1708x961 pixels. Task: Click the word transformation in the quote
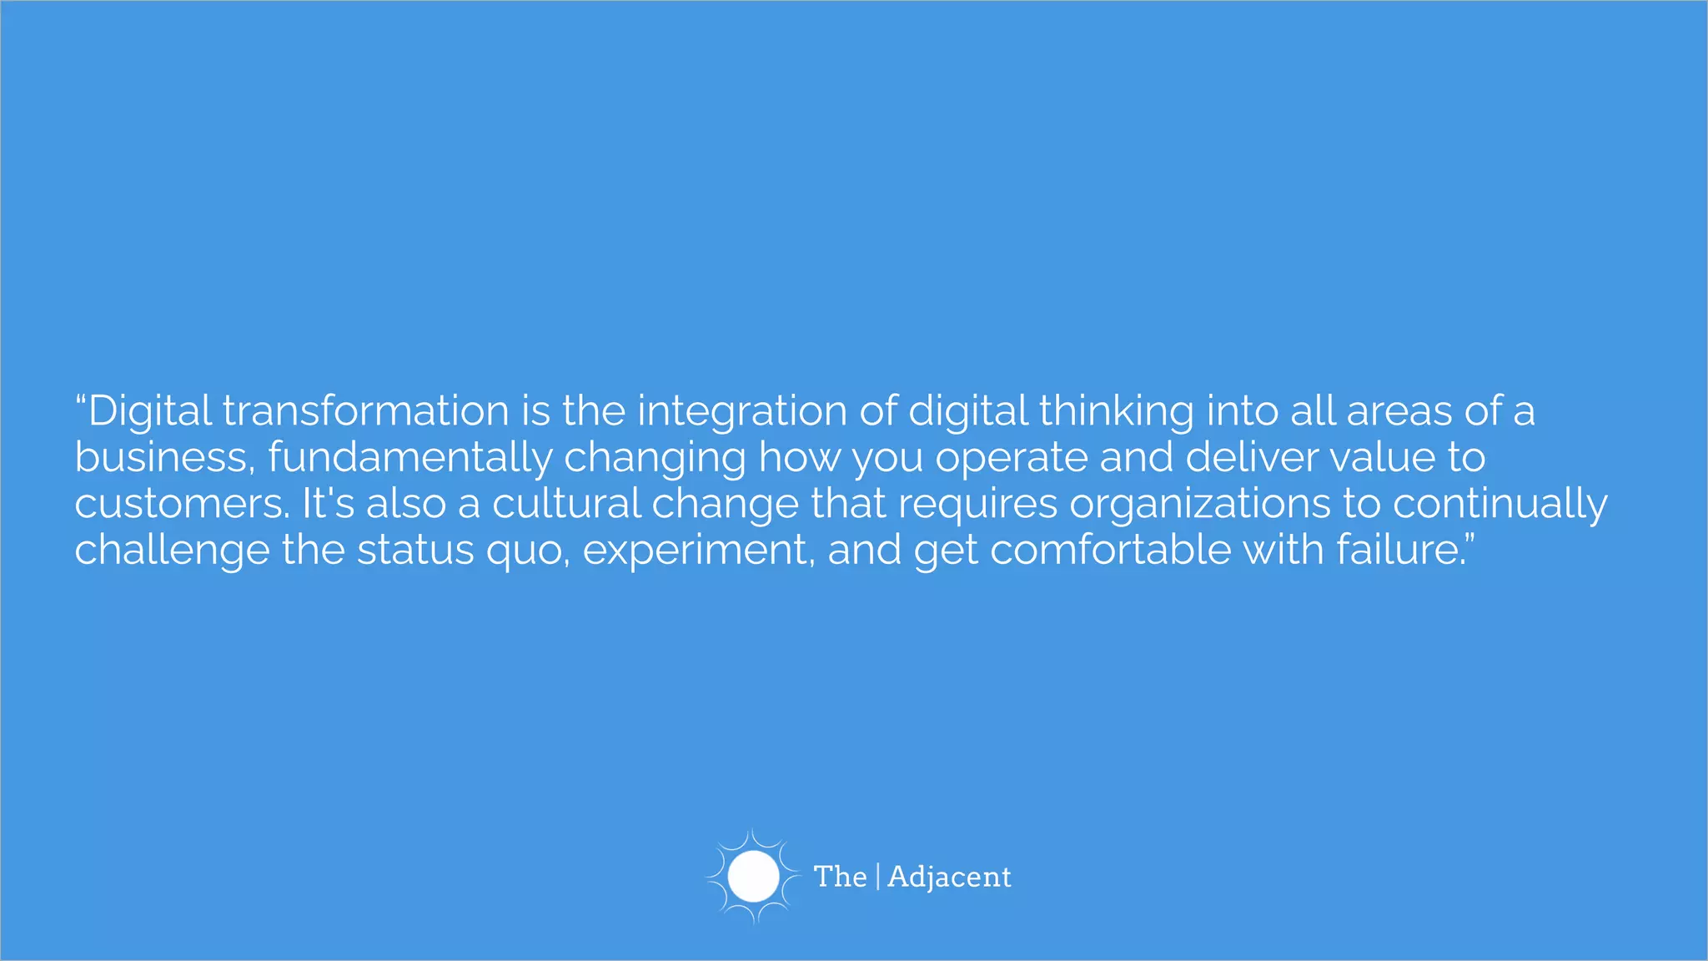click(365, 411)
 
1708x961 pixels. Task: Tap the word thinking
click(1116, 411)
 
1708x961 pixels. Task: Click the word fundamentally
click(409, 457)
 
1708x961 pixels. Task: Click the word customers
click(182, 504)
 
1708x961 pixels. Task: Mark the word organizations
click(1200, 504)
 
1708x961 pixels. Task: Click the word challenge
click(172, 551)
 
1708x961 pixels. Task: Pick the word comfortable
click(1109, 551)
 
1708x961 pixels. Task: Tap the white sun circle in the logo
click(753, 877)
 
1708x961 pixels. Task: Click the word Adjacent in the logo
click(949, 877)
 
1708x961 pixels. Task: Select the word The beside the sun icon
click(840, 877)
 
